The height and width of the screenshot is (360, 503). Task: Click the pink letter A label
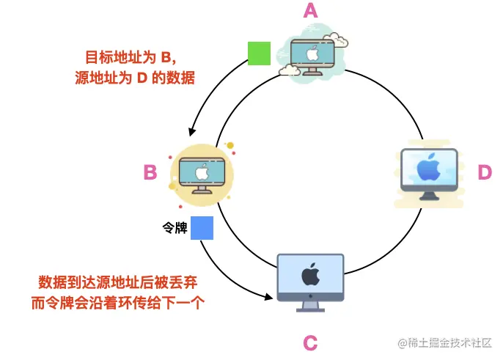point(310,12)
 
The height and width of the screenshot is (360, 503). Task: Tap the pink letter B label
point(150,172)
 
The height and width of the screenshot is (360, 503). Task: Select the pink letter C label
point(310,342)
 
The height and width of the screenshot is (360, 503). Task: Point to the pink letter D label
point(485,172)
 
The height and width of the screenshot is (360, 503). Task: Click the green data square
point(259,54)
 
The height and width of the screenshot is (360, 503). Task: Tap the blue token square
point(202,228)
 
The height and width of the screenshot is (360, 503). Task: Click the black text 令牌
point(175,228)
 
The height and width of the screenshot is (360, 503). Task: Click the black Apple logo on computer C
point(310,274)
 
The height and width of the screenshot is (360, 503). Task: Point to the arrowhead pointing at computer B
point(191,133)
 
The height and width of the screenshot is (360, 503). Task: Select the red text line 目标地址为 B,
point(128,56)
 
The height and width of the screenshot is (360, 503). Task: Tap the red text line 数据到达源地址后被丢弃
point(121,282)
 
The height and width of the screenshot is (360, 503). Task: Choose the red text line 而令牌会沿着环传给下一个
point(121,302)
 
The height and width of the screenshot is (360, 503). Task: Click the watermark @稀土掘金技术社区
point(444,342)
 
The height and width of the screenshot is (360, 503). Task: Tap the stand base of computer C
point(310,309)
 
